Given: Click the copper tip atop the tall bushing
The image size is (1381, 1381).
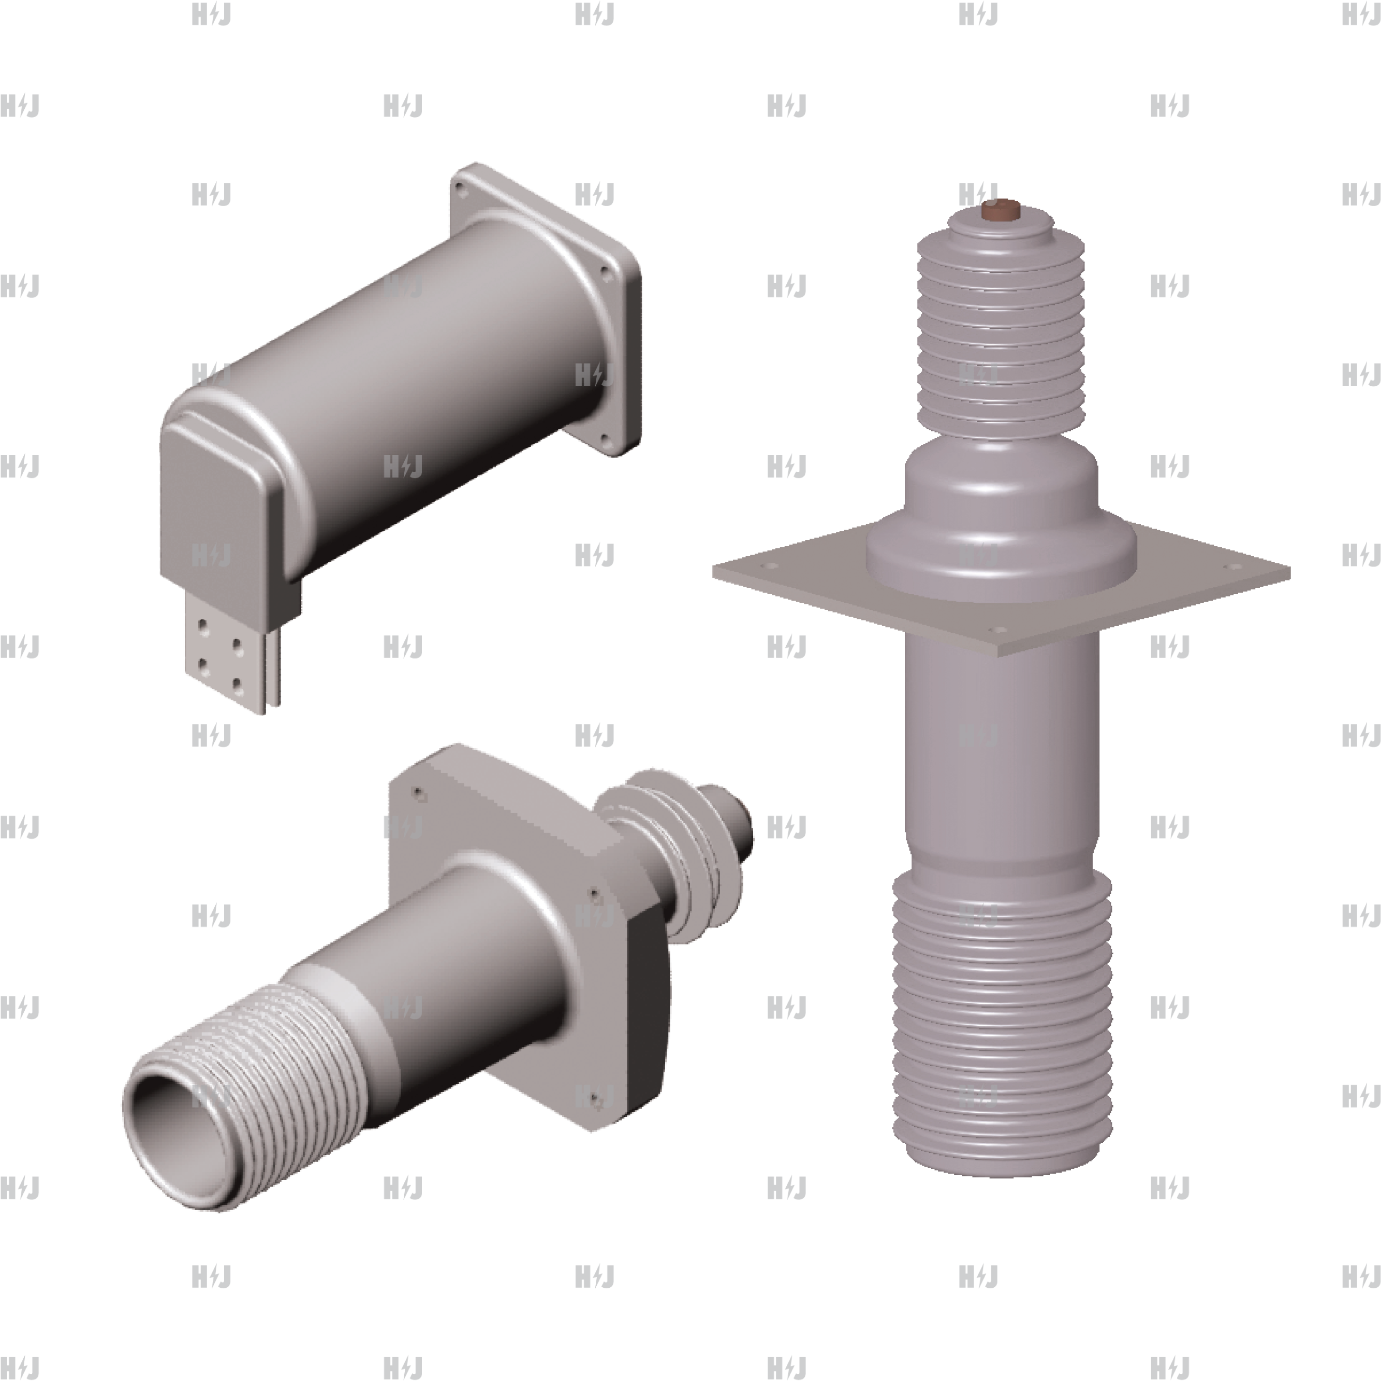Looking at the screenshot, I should (1001, 210).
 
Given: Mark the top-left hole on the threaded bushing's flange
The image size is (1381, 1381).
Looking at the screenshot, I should (419, 794).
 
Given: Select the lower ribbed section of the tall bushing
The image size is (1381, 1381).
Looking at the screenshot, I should (1001, 1001).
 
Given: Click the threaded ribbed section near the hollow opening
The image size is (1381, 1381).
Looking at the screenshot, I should (286, 1058).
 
